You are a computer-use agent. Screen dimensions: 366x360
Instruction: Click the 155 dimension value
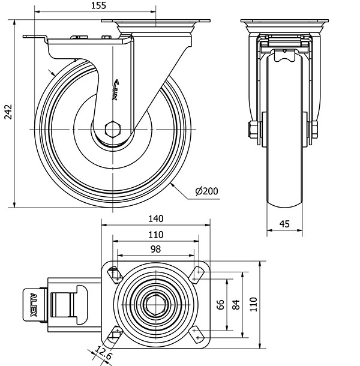[x=100, y=6]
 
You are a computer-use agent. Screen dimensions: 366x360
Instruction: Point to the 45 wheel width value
[x=284, y=224]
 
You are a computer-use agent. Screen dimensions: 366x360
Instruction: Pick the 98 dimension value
[x=155, y=248]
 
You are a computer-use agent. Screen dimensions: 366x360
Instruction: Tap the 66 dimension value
[x=220, y=304]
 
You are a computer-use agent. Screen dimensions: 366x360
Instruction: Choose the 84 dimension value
[x=235, y=304]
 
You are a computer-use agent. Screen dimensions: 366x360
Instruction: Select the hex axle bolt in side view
[x=112, y=128]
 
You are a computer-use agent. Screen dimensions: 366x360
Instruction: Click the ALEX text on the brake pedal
[x=34, y=304]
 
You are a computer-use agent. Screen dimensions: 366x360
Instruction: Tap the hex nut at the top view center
[x=156, y=305]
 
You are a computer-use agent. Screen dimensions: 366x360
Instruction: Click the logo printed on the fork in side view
[x=116, y=89]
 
